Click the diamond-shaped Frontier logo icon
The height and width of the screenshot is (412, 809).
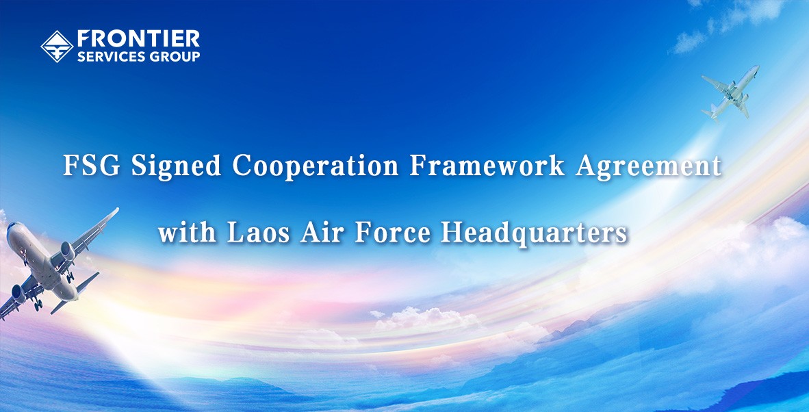[57, 47]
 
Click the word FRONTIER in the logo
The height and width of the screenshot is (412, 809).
[138, 39]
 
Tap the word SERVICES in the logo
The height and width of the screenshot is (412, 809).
[105, 56]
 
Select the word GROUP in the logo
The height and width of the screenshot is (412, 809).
[168, 56]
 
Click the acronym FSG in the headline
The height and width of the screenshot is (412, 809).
[92, 166]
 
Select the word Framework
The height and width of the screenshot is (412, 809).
[487, 166]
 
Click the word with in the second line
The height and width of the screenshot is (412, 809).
[187, 233]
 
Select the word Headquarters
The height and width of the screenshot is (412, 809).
[534, 234]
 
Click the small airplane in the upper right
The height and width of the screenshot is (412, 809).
[730, 93]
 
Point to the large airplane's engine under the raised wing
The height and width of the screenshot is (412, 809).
[67, 251]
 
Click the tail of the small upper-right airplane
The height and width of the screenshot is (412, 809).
[712, 112]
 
